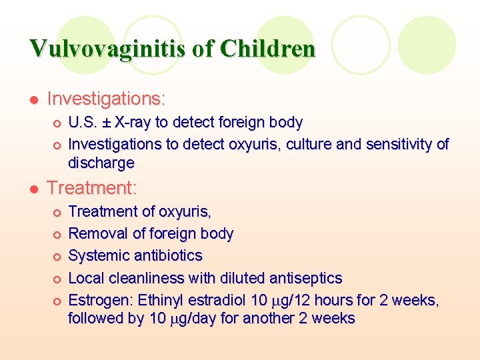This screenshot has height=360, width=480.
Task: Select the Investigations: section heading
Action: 106,99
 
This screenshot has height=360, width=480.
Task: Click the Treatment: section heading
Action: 92,188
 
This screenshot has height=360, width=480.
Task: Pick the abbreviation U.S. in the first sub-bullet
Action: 84,123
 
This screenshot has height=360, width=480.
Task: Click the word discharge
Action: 101,163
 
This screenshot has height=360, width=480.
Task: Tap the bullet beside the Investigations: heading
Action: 34,100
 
